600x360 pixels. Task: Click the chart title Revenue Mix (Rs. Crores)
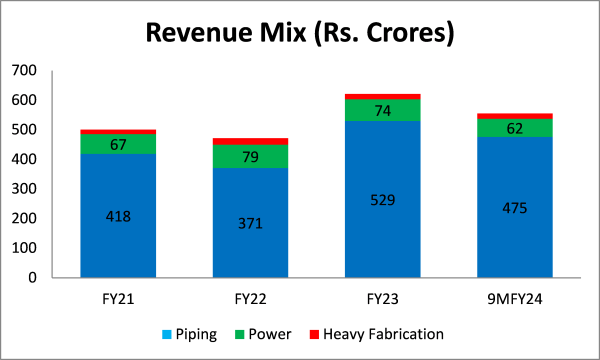pos(300,33)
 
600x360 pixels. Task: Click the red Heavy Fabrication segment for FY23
pos(382,96)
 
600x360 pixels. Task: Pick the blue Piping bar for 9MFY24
pos(514,240)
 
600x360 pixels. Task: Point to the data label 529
pos(382,200)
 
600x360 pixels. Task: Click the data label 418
pos(118,216)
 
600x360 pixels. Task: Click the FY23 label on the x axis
pos(382,297)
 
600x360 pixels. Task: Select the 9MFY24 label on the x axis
pos(514,297)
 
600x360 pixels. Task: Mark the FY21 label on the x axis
pos(118,297)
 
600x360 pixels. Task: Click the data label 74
pos(382,110)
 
